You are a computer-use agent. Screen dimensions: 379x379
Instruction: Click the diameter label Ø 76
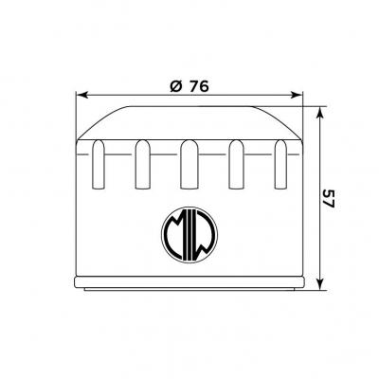189,86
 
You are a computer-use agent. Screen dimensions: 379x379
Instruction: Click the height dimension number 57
329,199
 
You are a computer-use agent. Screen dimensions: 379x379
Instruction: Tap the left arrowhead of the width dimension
82,95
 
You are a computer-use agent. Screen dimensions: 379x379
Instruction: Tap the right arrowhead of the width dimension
297,95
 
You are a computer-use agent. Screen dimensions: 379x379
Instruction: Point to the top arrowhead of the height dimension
320,113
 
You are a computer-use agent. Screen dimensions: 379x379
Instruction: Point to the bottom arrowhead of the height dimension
320,283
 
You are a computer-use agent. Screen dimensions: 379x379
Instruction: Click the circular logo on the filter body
189,235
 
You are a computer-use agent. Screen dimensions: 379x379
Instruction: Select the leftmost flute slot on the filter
99,164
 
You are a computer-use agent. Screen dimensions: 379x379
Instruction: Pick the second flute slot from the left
142,164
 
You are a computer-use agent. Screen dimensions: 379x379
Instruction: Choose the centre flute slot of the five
189,164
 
